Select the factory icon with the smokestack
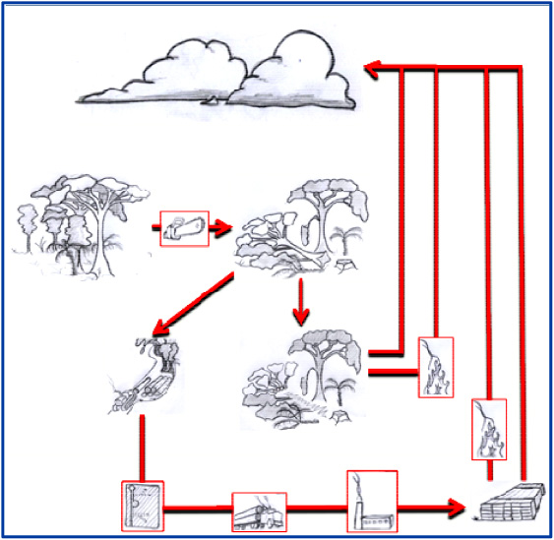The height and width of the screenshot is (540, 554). pyautogui.click(x=371, y=503)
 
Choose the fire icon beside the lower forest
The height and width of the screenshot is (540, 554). pyautogui.click(x=434, y=367)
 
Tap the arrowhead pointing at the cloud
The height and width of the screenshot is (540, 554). pyautogui.click(x=372, y=67)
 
